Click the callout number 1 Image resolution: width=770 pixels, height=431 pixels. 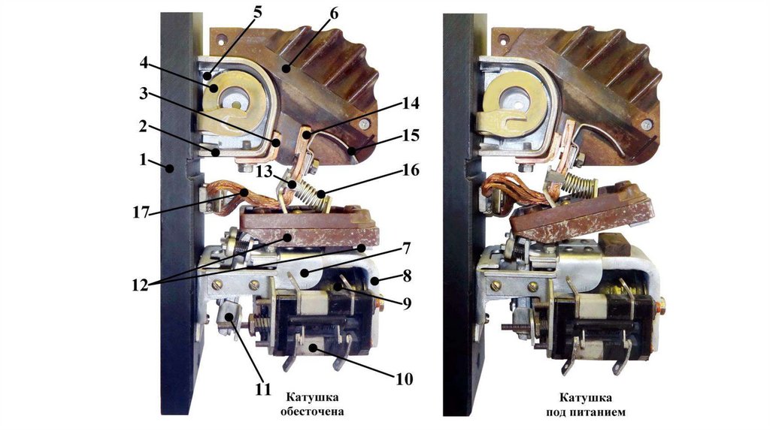[x=142, y=160]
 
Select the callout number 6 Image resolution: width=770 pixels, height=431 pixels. [x=334, y=14]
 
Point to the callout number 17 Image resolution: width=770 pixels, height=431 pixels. [x=141, y=212]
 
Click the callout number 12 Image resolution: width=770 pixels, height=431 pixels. [x=141, y=285]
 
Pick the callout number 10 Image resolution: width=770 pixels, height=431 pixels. [x=404, y=379]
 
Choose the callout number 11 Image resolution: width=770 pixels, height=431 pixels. [x=263, y=389]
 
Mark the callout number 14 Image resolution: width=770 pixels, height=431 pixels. [x=411, y=103]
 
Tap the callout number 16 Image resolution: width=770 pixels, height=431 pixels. [x=411, y=170]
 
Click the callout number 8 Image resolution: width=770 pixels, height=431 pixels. [x=407, y=276]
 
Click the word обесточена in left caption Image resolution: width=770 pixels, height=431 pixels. [x=312, y=411]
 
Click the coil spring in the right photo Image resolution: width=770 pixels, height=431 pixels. [x=581, y=183]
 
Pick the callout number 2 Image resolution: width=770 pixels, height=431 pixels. [x=142, y=126]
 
